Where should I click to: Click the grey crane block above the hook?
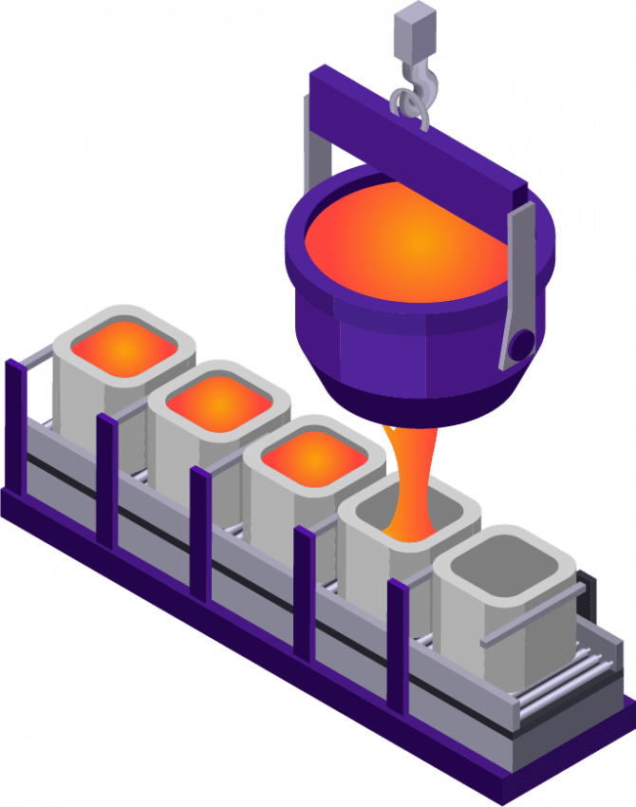[414, 28]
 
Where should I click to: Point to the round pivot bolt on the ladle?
[520, 344]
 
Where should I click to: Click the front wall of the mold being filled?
[380, 579]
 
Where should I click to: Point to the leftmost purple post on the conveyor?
[15, 427]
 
